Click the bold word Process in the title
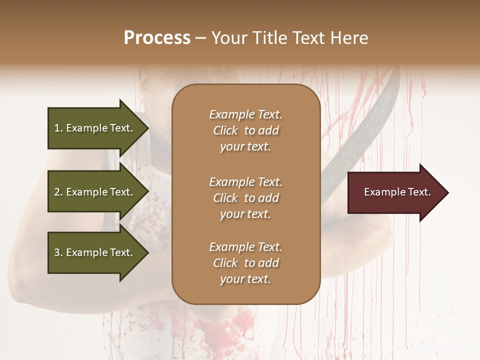[x=157, y=38]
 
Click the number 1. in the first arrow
[x=58, y=128]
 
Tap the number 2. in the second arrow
[x=58, y=192]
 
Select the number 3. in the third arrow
[x=58, y=252]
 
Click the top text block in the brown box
[x=245, y=130]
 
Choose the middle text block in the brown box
[x=245, y=198]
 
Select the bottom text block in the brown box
[x=245, y=263]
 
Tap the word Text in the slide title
[x=312, y=38]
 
